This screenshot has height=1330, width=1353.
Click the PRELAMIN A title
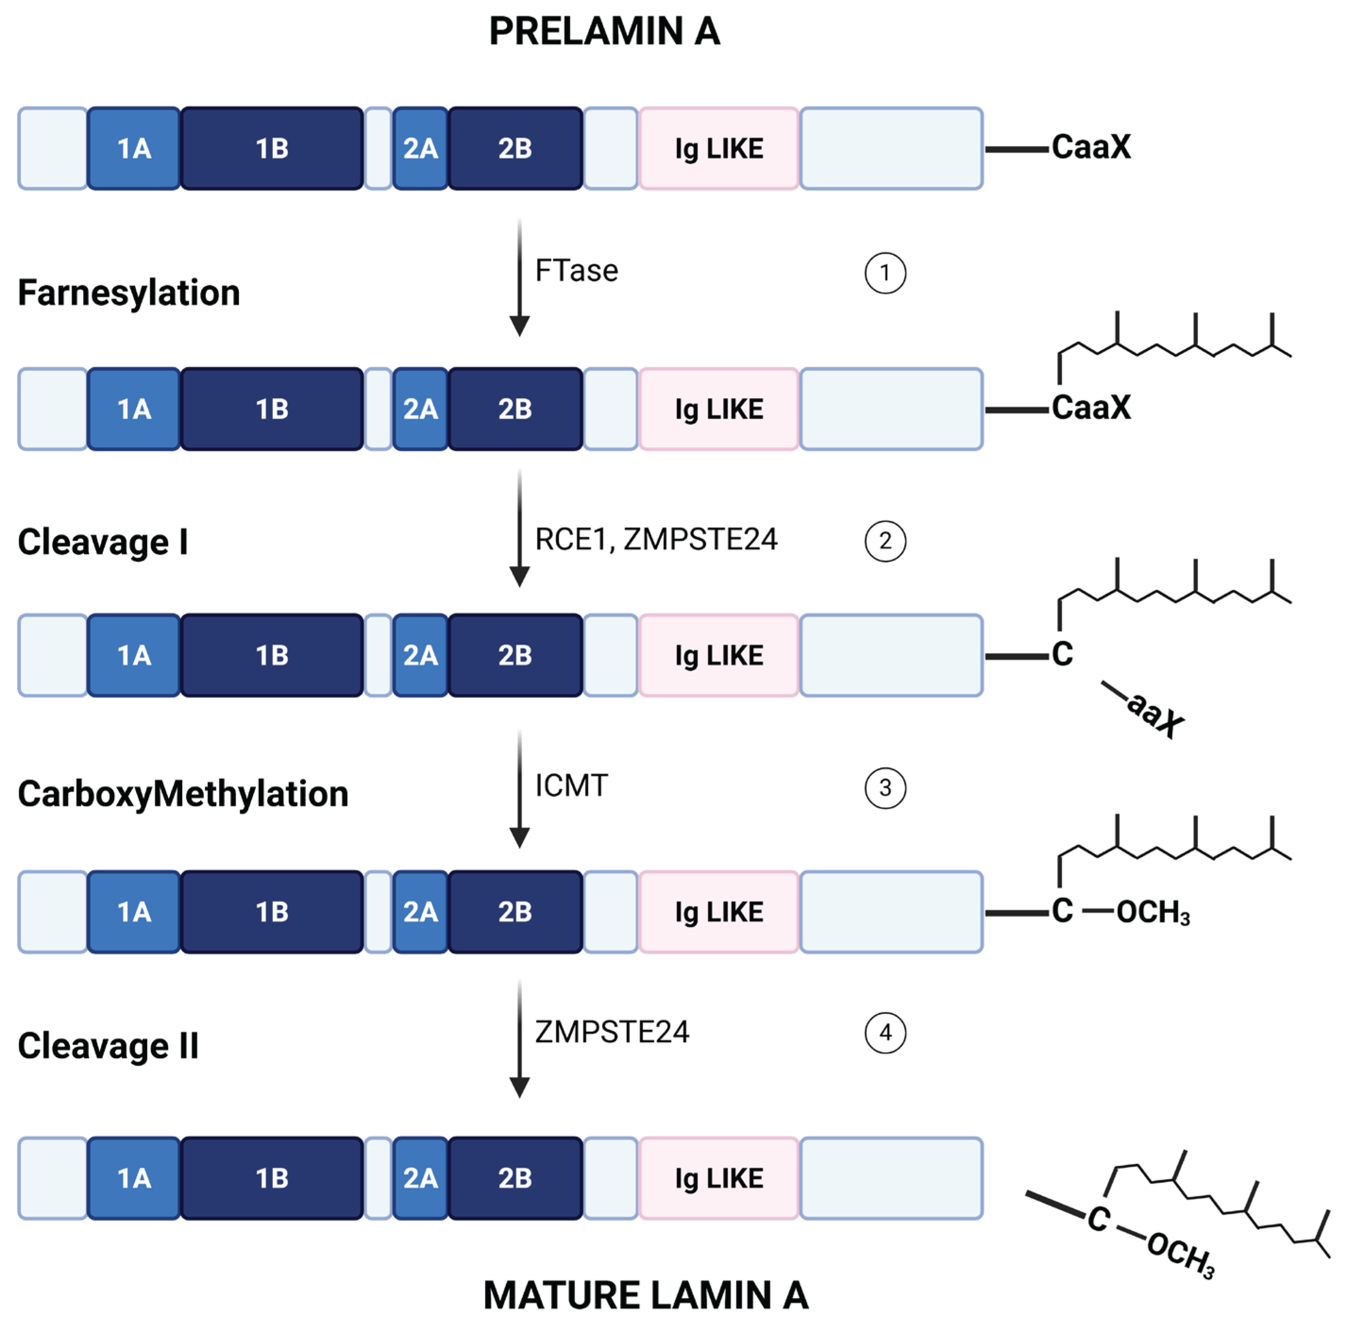point(604,32)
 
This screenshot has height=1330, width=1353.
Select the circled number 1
point(885,273)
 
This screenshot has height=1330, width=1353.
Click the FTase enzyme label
point(576,271)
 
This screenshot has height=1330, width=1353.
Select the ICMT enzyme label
point(571,786)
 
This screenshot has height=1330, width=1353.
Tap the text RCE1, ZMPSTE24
point(655,539)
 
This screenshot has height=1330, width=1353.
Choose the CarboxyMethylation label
point(183,794)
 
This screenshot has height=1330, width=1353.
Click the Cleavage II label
point(108,1046)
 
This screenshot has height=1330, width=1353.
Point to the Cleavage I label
point(103,542)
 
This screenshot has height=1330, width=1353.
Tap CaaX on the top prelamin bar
point(1091,147)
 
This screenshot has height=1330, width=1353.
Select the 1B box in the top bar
point(272,148)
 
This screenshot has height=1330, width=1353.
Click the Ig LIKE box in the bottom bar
point(719,1178)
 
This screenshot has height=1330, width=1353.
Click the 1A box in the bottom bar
point(134,1178)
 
